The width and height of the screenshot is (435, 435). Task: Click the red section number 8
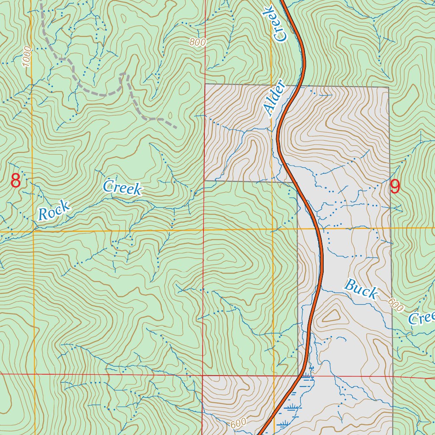click(x=16, y=181)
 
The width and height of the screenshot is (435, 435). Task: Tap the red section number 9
click(x=395, y=187)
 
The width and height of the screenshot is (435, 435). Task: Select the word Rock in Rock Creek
click(x=54, y=211)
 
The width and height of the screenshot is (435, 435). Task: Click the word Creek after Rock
click(x=122, y=187)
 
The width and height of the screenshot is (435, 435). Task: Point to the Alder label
click(x=273, y=98)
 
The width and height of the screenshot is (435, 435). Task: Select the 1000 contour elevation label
click(x=26, y=56)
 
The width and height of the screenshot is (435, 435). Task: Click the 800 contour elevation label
click(x=198, y=42)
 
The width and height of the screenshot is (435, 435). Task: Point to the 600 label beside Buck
click(x=395, y=305)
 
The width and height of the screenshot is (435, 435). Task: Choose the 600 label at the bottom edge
click(x=239, y=424)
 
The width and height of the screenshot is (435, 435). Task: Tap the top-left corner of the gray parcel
click(x=205, y=85)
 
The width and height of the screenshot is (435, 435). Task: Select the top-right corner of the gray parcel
click(x=388, y=88)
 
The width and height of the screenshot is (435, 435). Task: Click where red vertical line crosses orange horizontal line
click(x=203, y=230)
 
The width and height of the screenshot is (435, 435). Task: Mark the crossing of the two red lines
click(x=203, y=376)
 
